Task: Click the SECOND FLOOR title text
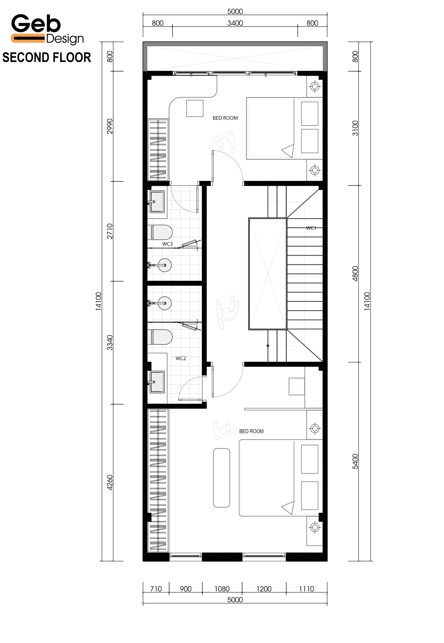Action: pyautogui.click(x=47, y=58)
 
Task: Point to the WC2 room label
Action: pyautogui.click(x=181, y=358)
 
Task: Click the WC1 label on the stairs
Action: pyautogui.click(x=311, y=228)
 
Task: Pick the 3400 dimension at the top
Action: pyautogui.click(x=235, y=23)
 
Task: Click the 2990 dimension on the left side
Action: pyautogui.click(x=110, y=126)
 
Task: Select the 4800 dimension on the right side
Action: pyautogui.click(x=355, y=274)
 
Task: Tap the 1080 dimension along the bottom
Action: pyautogui.click(x=222, y=589)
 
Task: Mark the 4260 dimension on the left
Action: pyautogui.click(x=110, y=483)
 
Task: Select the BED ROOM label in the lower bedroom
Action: pyautogui.click(x=252, y=431)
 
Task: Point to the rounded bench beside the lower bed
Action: pyautogui.click(x=222, y=478)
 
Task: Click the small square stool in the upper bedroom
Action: pyautogui.click(x=195, y=108)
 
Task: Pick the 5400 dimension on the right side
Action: pyautogui.click(x=355, y=462)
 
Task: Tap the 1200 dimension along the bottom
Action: pyautogui.click(x=264, y=589)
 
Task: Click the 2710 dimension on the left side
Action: pyautogui.click(x=110, y=231)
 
